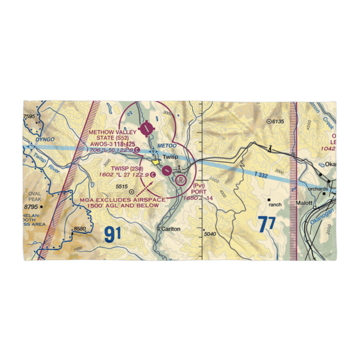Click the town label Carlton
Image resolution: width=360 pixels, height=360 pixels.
pos(171,229)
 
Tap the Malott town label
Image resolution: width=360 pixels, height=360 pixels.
pos(303,203)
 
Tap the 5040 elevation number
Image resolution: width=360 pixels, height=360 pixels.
pos(210,234)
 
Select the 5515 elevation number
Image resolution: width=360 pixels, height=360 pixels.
pos(122,186)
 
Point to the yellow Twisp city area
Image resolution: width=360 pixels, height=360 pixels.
pos(156,162)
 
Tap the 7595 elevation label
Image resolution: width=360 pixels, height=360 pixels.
pos(30,116)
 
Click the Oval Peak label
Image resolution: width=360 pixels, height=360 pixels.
pos(35,196)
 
